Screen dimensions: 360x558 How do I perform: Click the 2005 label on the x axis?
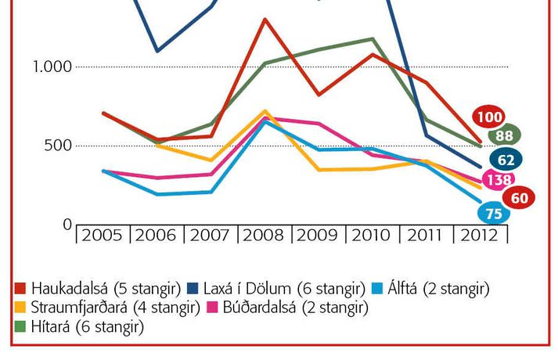coord(103,234)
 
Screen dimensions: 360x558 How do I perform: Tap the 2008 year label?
coord(265,234)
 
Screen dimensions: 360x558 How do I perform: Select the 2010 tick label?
coord(373,234)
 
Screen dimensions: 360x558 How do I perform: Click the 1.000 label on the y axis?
coord(52,67)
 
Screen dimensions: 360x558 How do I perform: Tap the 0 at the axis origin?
coord(67,225)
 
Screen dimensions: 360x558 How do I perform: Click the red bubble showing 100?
coord(488,118)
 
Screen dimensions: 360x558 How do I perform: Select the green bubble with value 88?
coord(502,136)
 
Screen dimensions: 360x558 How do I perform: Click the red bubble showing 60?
coord(518,198)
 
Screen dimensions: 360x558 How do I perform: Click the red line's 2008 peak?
coord(265,20)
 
